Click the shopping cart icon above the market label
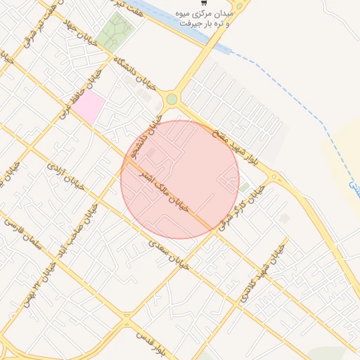pos(203,4)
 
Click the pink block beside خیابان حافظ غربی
pos(89,107)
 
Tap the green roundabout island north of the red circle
pos(172,99)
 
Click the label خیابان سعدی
pos(169,255)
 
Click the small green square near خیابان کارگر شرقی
pos(245,188)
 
